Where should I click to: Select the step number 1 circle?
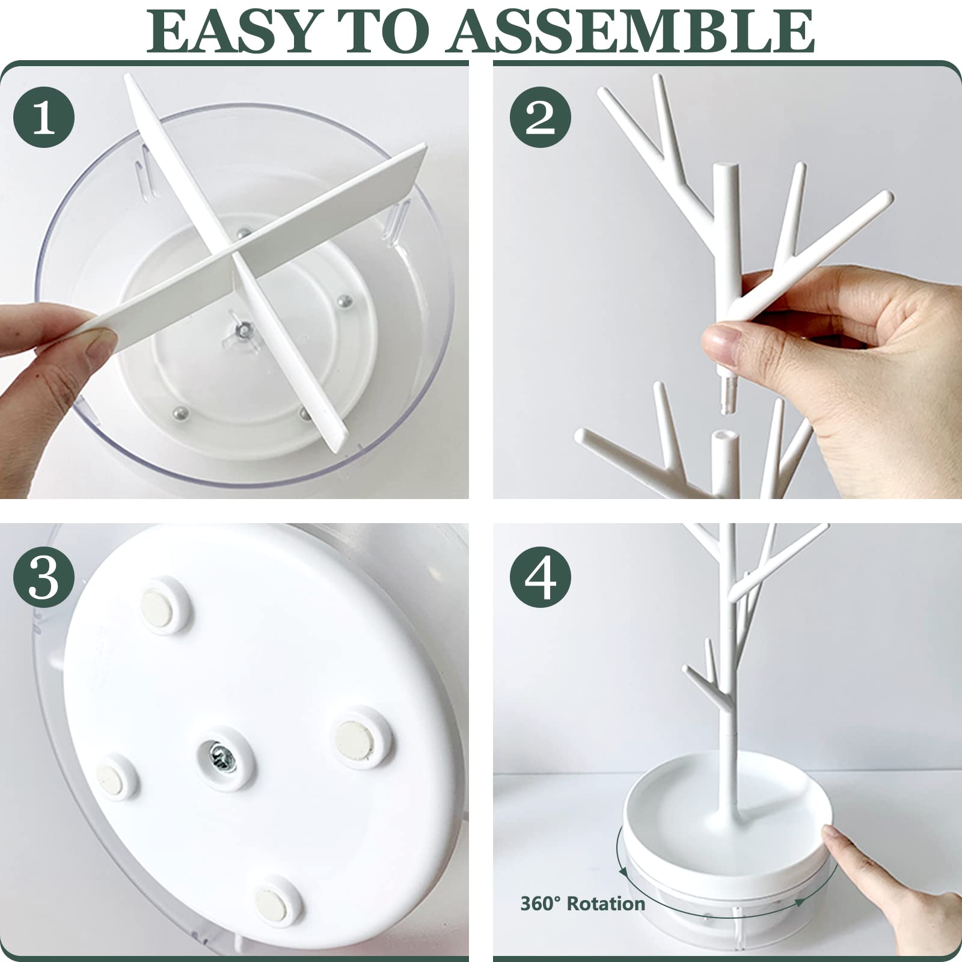pyautogui.click(x=44, y=117)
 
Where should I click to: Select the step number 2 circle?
pyautogui.click(x=540, y=117)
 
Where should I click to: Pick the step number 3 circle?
pyautogui.click(x=44, y=577)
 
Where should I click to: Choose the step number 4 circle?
pyautogui.click(x=540, y=577)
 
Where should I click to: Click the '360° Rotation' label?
pyautogui.click(x=583, y=903)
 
